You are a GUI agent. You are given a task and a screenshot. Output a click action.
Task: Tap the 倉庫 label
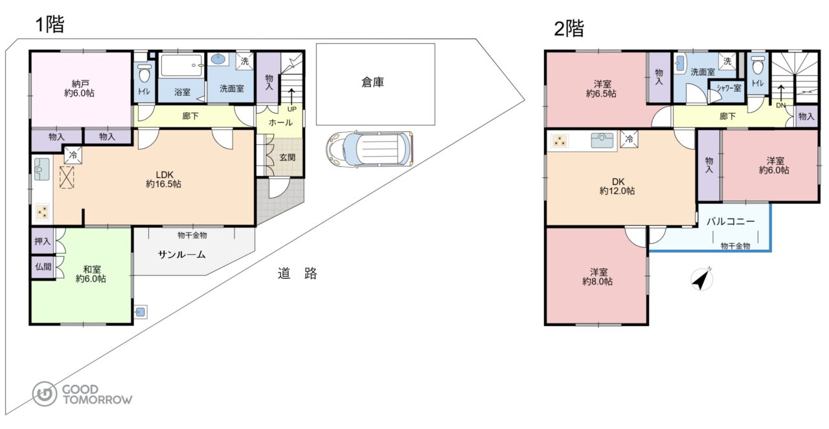click(x=372, y=82)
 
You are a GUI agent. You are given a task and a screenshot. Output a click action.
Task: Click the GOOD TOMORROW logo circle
click(x=45, y=394)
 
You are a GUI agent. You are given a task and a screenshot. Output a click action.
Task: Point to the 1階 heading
click(x=50, y=25)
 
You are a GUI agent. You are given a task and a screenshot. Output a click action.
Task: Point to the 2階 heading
click(x=569, y=28)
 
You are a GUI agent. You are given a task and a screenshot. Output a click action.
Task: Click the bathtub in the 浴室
click(x=182, y=65)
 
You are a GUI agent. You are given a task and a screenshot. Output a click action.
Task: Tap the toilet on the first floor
click(x=144, y=73)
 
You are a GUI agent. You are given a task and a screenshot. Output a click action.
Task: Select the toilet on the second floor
click(x=758, y=66)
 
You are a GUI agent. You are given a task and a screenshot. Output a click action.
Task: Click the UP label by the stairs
click(x=292, y=109)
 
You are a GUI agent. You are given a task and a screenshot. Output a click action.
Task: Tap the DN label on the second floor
click(x=780, y=105)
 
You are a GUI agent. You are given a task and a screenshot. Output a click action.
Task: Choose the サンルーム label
click(x=182, y=254)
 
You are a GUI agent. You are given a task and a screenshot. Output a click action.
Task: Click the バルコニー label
click(x=731, y=221)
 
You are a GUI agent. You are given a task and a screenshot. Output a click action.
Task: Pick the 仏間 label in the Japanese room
click(x=43, y=267)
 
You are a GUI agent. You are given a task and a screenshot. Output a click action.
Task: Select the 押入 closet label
click(x=42, y=241)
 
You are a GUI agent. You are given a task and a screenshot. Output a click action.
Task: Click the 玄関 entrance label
click(x=287, y=157)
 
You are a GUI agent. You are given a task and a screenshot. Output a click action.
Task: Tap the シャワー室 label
click(x=729, y=88)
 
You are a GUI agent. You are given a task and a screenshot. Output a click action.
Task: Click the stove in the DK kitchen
click(x=560, y=141)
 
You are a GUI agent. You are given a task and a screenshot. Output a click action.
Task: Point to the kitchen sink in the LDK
click(x=42, y=170)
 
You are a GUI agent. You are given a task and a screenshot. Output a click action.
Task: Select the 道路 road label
click(x=297, y=273)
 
